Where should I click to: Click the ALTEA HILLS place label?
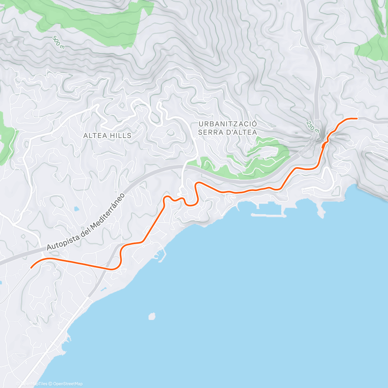pyautogui.click(x=107, y=135)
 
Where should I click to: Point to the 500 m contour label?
pyautogui.click(x=58, y=42)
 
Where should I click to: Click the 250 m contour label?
pyautogui.click(x=312, y=126)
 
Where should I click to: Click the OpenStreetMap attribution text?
pyautogui.click(x=68, y=384)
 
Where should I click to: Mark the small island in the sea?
pyautogui.click(x=152, y=316)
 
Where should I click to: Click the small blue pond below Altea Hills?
pyautogui.click(x=76, y=209)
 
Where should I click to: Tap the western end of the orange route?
pyautogui.click(x=31, y=268)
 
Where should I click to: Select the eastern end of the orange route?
pyautogui.click(x=357, y=119)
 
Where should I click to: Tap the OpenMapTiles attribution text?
pyautogui.click(x=34, y=384)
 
